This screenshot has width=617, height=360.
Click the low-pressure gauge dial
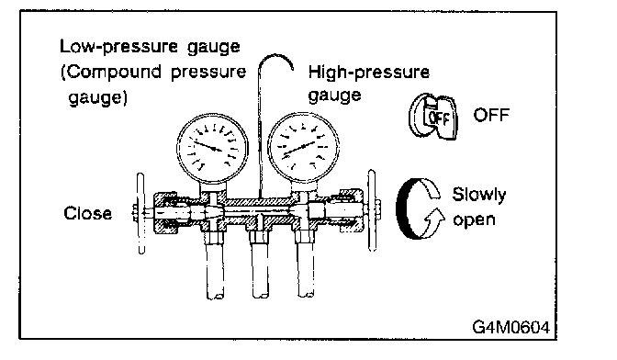click(x=212, y=149)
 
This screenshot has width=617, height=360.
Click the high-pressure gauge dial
click(x=303, y=148)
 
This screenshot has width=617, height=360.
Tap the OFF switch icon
click(x=433, y=117)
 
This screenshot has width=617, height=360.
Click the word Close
click(x=88, y=213)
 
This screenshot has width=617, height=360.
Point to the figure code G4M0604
click(x=510, y=327)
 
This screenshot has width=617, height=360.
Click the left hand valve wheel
click(x=140, y=213)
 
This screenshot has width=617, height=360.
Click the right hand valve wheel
click(x=372, y=210)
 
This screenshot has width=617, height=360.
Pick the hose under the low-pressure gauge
click(x=215, y=271)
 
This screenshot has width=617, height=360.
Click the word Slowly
click(x=479, y=195)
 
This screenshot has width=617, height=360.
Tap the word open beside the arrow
click(x=474, y=220)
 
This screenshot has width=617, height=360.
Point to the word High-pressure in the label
click(x=369, y=73)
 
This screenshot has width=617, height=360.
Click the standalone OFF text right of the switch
click(x=491, y=115)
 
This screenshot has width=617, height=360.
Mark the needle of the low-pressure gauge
click(x=208, y=146)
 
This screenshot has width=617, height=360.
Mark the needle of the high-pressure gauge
click(x=300, y=148)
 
